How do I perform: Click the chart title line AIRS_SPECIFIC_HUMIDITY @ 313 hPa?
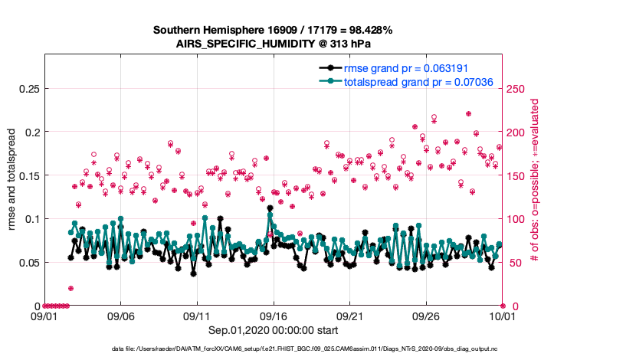click(x=273, y=44)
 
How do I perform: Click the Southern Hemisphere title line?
click(x=273, y=31)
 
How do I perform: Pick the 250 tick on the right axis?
click(x=516, y=88)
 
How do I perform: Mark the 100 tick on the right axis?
click(x=516, y=219)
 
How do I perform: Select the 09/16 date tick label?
click(x=273, y=315)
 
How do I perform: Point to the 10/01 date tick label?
click(x=502, y=315)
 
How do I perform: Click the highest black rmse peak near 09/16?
click(x=270, y=208)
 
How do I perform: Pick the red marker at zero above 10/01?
click(x=502, y=306)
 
